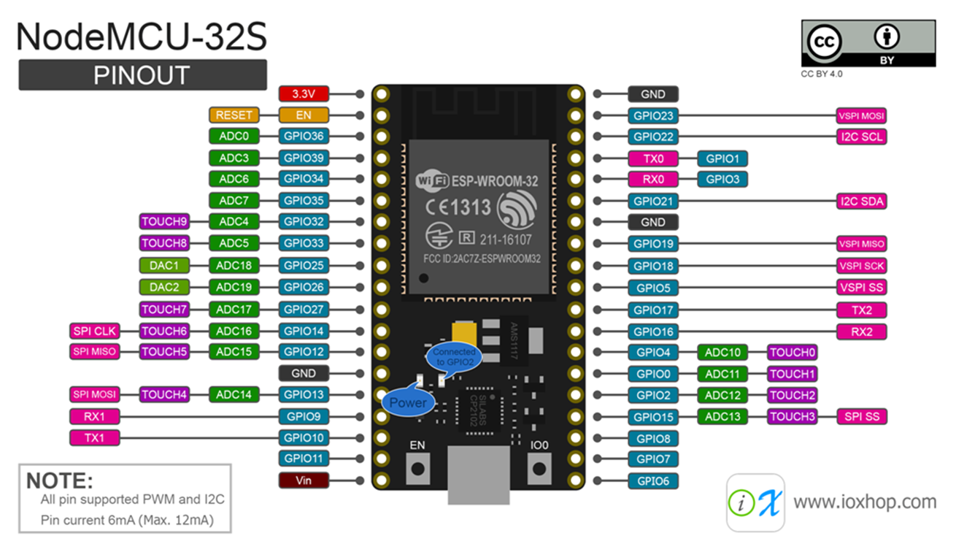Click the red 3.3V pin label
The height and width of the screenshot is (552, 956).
pyautogui.click(x=304, y=93)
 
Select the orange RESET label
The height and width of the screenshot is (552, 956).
pyautogui.click(x=234, y=115)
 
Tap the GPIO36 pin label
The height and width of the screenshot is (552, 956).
pyautogui.click(x=304, y=136)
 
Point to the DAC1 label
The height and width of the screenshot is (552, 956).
pyautogui.click(x=164, y=266)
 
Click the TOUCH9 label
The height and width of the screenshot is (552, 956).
pyautogui.click(x=164, y=221)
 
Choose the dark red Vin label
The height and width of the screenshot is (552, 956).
pyautogui.click(x=304, y=480)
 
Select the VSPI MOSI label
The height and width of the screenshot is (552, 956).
pyautogui.click(x=862, y=115)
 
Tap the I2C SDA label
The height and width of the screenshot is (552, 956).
pyautogui.click(x=862, y=202)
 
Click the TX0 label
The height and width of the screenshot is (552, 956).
pyautogui.click(x=653, y=158)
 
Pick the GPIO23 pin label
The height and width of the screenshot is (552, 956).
pyautogui.click(x=653, y=115)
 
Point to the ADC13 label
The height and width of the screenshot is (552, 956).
pyautogui.click(x=722, y=417)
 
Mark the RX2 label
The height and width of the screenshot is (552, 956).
pyautogui.click(x=862, y=331)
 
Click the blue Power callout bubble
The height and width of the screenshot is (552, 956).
pyautogui.click(x=407, y=402)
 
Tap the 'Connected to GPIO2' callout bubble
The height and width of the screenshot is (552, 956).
pyautogui.click(x=453, y=357)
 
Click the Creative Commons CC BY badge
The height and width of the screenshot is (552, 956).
pyautogui.click(x=868, y=44)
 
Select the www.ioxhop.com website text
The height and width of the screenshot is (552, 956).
pyautogui.click(x=865, y=502)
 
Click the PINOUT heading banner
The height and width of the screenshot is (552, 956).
pyautogui.click(x=142, y=75)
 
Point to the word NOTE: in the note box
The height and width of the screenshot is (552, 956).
pyautogui.click(x=60, y=480)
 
